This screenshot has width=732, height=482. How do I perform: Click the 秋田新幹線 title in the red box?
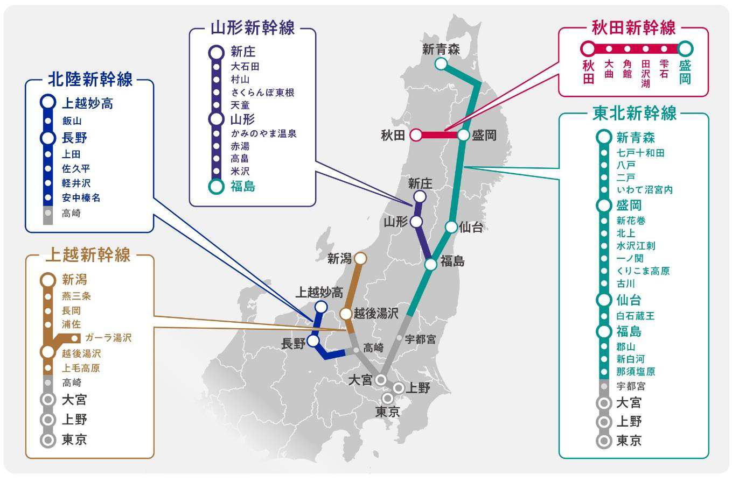[633, 27]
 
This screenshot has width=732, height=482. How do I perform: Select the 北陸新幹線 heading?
[90, 80]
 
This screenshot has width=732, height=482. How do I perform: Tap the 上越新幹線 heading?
[88, 255]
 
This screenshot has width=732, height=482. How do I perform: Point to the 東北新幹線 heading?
[634, 114]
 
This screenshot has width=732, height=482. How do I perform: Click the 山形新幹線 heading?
[253, 28]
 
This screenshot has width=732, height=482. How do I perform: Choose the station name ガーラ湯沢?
[108, 338]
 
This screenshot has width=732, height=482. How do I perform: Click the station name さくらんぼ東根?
[262, 93]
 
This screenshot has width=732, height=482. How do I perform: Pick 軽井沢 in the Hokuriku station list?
[76, 183]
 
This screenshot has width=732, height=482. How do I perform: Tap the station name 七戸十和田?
[640, 153]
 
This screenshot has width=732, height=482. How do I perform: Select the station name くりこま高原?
[643, 271]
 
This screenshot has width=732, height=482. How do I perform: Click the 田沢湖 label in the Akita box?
[646, 74]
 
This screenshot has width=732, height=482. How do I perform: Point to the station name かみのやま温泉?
[263, 133]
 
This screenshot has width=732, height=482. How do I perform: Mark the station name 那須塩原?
[636, 372]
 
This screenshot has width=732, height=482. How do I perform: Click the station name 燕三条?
[76, 296]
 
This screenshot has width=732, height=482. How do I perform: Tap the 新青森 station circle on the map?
[441, 64]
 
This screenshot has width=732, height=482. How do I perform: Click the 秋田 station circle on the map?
[416, 135]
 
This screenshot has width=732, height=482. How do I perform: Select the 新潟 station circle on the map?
[360, 259]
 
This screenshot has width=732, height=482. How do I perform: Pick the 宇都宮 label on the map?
[420, 339]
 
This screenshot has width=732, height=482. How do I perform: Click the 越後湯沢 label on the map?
[377, 313]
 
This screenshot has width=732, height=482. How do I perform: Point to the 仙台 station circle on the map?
[451, 227]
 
